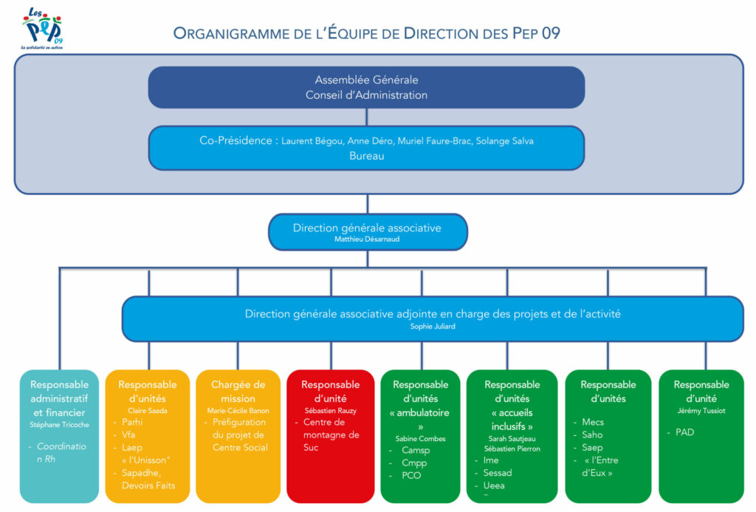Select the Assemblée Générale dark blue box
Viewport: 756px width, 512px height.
coord(366,87)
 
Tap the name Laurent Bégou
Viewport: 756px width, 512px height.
coord(310,141)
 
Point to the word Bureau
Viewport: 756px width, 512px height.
coord(366,156)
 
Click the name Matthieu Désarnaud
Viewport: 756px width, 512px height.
coord(367,239)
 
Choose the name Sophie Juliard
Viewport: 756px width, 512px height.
coord(433,326)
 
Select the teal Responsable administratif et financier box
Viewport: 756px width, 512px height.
coord(59,436)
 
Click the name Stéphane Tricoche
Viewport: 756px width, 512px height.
coord(59,425)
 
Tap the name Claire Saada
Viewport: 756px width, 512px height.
coord(148,410)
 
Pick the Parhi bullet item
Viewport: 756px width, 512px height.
coord(132,422)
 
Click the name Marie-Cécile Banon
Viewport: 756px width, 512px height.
coord(238,410)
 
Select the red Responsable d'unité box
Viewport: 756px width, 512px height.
coord(330,436)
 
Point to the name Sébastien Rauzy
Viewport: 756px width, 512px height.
coord(330,410)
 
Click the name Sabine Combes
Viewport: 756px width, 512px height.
coord(421,438)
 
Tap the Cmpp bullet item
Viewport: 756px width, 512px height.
coord(414,463)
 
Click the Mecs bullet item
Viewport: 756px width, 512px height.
coord(593,422)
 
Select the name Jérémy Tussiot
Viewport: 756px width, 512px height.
coord(701,410)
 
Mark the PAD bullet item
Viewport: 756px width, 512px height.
coord(684,431)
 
